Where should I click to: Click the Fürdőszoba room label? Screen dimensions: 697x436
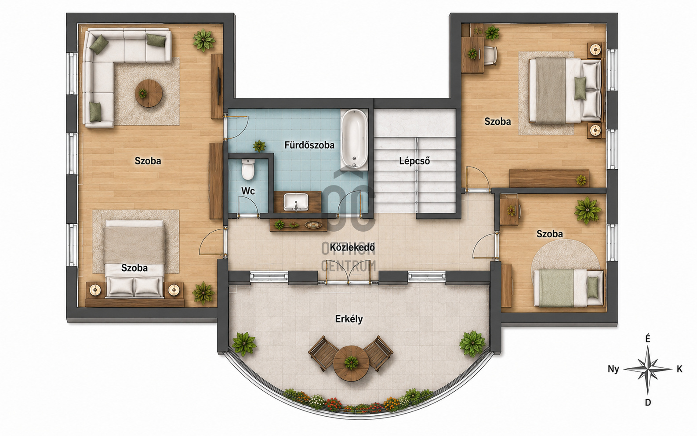point(309,145)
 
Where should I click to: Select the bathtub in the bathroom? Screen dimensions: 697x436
point(354,139)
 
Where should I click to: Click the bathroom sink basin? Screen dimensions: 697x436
point(296,201)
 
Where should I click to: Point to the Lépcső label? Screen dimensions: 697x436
point(414,161)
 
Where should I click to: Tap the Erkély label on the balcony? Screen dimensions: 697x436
point(349,319)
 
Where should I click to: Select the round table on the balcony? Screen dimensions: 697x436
point(351,363)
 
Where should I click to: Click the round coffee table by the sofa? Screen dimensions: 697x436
point(149,93)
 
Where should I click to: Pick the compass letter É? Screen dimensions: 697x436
point(647,339)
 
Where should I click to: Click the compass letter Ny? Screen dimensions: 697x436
point(614,369)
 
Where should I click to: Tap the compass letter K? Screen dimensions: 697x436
point(679,369)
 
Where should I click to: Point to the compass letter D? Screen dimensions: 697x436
point(648,403)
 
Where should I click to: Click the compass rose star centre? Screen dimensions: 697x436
point(647,369)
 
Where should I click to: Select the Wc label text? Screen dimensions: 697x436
point(248,191)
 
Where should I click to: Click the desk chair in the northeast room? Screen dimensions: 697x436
point(490,56)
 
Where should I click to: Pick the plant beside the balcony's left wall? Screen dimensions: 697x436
point(244,344)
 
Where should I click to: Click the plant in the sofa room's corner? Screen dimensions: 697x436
point(204,40)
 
